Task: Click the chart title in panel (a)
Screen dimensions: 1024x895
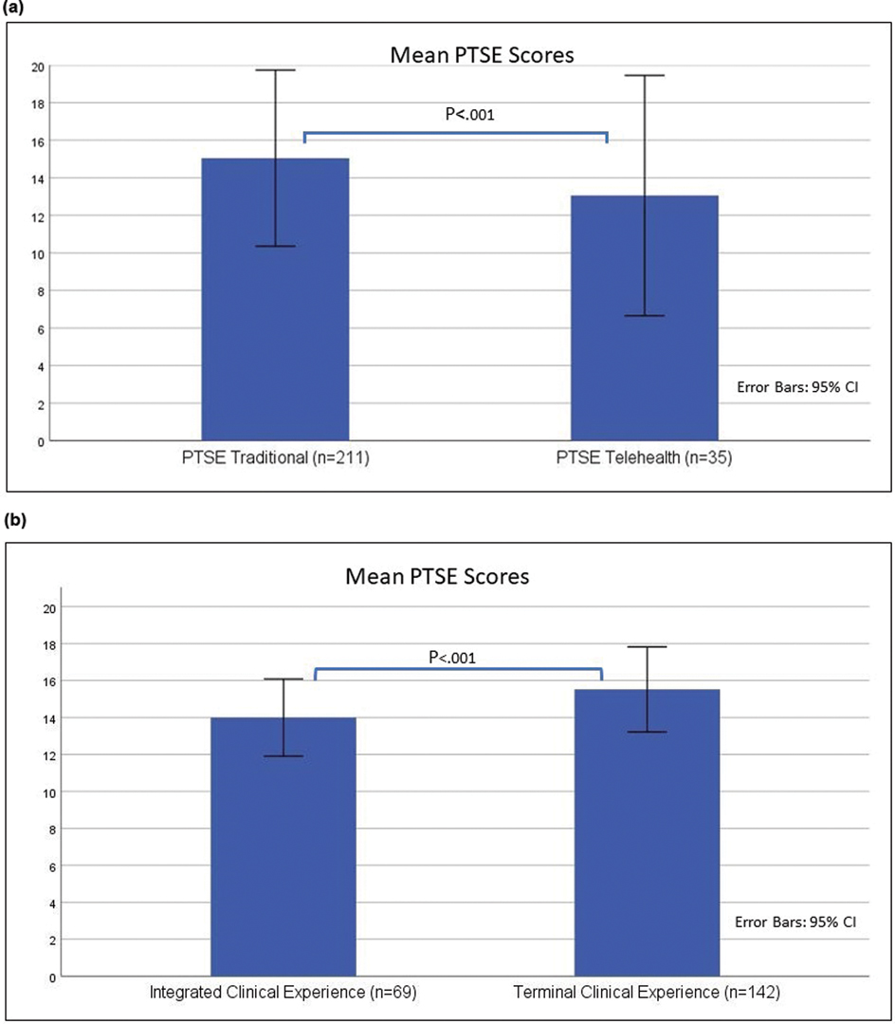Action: pos(482,55)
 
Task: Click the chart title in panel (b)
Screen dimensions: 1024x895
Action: pos(437,575)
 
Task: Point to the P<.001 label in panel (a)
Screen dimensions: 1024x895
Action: pos(470,115)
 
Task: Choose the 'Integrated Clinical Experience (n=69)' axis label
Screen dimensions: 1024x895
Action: pos(283,994)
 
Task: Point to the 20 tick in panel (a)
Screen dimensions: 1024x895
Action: pos(37,66)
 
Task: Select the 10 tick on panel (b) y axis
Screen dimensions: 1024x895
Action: pos(37,791)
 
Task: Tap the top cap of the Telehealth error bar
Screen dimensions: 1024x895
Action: pos(644,75)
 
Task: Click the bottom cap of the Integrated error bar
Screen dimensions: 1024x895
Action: pos(283,756)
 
